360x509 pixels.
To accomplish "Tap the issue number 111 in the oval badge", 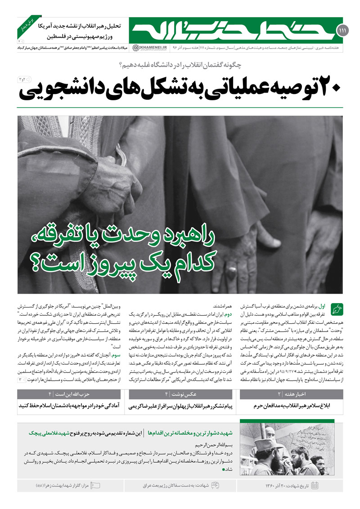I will tap(340, 31).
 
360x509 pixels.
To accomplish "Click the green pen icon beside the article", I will tap(337, 309).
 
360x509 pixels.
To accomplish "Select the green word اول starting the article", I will tap(323, 305).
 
